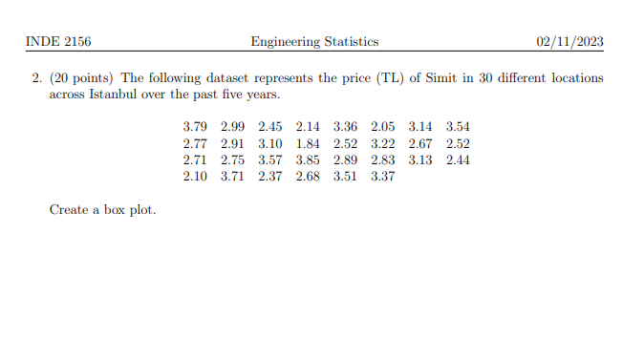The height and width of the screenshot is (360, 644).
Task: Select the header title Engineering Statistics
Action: [314, 42]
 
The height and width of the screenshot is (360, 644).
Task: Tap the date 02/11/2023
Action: [570, 42]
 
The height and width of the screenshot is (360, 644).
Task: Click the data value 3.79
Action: [195, 127]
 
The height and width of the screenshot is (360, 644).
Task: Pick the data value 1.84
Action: [309, 143]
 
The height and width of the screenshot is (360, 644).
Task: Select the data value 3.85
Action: [309, 159]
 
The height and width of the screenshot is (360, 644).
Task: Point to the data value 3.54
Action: [458, 127]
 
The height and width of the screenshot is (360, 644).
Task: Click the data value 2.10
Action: [195, 176]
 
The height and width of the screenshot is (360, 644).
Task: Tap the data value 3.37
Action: [383, 176]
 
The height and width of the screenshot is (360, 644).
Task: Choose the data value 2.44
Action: [458, 159]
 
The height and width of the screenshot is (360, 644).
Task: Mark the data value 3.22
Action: [383, 143]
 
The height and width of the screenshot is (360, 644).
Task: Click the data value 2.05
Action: [383, 127]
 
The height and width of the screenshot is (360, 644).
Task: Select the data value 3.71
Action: [233, 176]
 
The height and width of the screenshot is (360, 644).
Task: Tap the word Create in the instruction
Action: [69, 209]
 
